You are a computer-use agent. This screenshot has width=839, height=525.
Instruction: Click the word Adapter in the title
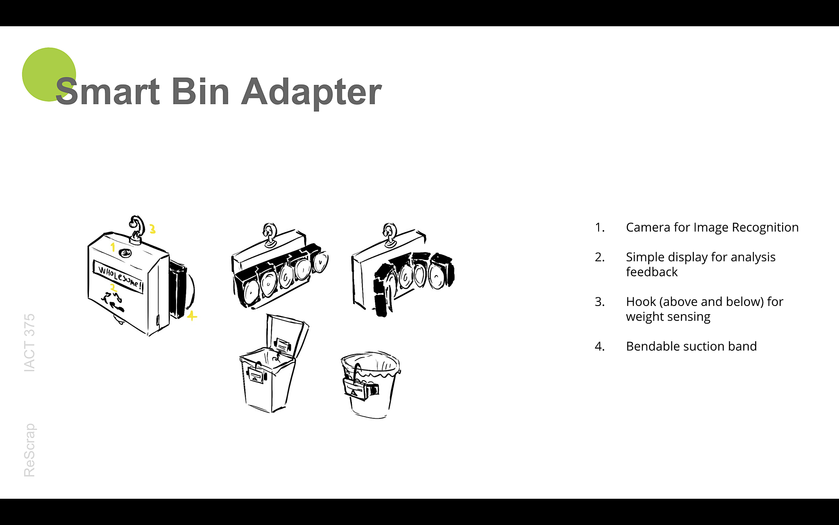tap(311, 92)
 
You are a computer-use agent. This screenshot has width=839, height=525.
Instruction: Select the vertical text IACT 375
tap(29, 343)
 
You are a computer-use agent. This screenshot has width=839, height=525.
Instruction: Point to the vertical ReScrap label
tap(29, 450)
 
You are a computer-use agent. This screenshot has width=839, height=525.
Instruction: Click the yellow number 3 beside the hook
tap(152, 229)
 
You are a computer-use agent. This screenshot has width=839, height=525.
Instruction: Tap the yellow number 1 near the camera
tap(113, 247)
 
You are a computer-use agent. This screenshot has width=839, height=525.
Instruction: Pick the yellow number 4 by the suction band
tap(192, 315)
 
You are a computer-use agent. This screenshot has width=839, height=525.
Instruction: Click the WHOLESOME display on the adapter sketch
tap(118, 276)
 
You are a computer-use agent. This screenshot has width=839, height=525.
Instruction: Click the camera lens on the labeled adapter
tap(125, 253)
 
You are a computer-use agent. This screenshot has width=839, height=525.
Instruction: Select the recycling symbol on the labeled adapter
tap(113, 302)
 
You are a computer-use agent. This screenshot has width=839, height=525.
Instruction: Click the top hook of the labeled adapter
tap(136, 228)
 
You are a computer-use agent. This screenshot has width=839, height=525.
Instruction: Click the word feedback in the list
tap(652, 272)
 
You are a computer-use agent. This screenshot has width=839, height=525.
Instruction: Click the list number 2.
tap(599, 257)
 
